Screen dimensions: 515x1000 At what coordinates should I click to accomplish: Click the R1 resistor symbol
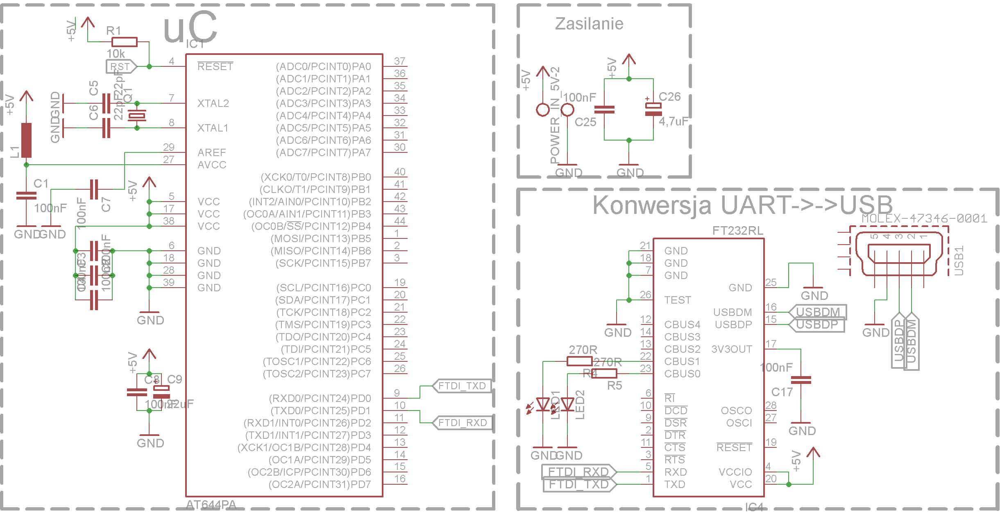124,42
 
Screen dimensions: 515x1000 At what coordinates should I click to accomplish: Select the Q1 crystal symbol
137,116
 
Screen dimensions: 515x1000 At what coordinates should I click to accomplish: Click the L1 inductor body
26,140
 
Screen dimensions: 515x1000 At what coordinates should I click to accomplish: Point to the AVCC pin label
212,165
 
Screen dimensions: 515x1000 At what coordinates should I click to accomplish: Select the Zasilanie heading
589,24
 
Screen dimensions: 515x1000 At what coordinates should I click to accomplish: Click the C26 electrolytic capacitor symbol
653,109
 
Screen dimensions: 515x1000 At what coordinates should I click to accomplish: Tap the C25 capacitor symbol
604,109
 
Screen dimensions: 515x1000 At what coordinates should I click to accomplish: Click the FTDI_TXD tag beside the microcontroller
462,386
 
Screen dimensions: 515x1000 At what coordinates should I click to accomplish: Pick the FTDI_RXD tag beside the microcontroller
462,423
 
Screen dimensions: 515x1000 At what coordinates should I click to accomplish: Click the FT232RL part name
737,231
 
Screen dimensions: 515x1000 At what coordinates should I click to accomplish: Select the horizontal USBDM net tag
817,312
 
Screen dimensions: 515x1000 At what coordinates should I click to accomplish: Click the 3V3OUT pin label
732,349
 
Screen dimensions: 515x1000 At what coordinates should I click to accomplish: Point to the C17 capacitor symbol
800,380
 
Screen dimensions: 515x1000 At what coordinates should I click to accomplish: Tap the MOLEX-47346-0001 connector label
924,218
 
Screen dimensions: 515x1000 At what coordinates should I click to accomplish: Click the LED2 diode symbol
567,405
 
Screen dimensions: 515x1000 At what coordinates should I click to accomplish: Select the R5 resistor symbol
604,373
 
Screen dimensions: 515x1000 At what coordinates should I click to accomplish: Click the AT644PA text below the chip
211,505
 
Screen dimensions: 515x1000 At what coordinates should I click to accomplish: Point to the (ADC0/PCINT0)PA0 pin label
323,66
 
